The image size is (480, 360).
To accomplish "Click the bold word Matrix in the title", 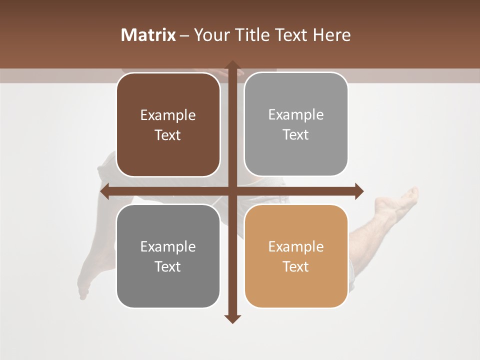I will click(x=148, y=35).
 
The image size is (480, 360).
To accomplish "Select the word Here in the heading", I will click(x=331, y=35).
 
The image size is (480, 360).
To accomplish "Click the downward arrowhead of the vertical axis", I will click(x=232, y=318).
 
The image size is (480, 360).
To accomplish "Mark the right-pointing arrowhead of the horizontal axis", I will click(x=359, y=191).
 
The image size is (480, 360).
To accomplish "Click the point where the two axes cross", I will click(x=232, y=191).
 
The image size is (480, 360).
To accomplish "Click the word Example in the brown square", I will click(x=168, y=115).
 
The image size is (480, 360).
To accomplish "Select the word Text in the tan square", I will click(x=296, y=266).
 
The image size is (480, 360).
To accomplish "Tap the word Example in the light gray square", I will click(x=296, y=115).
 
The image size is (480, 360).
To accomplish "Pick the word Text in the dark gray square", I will click(x=168, y=266).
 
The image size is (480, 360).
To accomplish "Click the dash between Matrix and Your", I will click(x=184, y=35).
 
